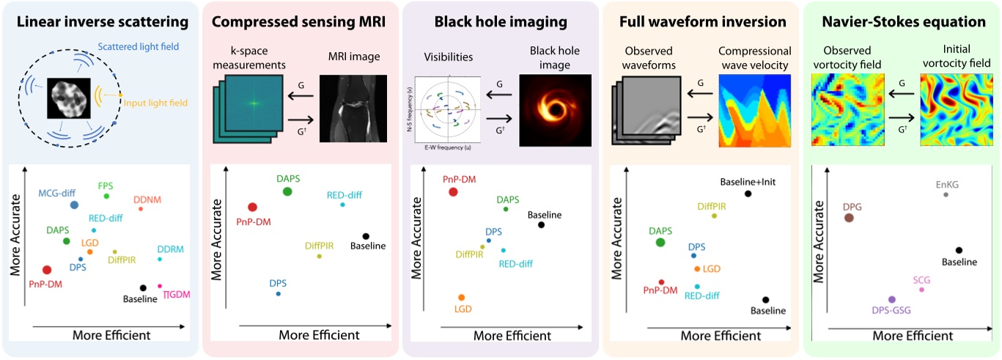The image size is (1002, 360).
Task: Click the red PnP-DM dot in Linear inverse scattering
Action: point(47,271)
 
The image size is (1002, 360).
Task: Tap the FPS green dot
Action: point(107,196)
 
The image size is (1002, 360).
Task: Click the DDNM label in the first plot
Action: point(150,199)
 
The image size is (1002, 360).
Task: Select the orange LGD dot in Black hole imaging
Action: point(461,297)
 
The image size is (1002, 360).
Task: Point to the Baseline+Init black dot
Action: point(748,194)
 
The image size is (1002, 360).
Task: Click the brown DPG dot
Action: point(849,217)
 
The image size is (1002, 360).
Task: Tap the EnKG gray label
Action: point(946,184)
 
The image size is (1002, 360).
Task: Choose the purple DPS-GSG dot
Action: point(891,299)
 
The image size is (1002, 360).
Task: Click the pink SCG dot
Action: point(921,290)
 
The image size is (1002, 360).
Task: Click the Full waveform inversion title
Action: point(701,23)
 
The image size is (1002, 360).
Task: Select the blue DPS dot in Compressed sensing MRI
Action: point(278,294)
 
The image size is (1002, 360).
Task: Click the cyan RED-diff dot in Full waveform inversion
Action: point(697,286)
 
